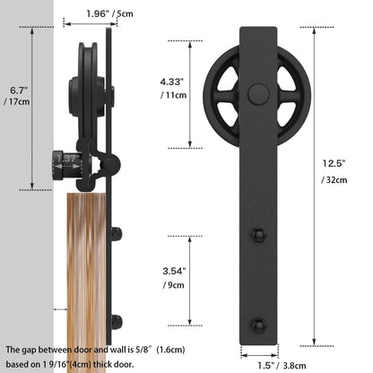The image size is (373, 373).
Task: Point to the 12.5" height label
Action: [x=334, y=163]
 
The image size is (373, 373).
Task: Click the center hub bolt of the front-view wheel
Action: [x=259, y=93]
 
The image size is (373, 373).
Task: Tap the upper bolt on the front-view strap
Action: [x=259, y=235]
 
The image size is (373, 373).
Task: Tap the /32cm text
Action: [x=335, y=181]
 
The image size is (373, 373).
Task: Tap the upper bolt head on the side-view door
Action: [x=116, y=235]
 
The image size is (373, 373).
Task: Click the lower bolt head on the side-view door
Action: [x=116, y=321]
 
